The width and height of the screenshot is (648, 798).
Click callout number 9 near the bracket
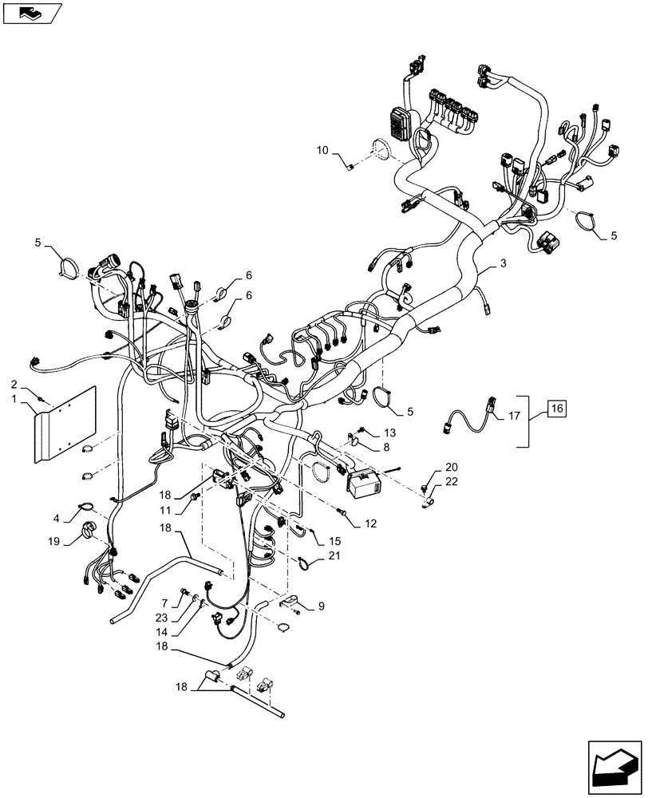click(x=321, y=606)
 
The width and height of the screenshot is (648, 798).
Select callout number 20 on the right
click(x=452, y=467)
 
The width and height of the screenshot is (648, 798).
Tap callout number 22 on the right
click(x=452, y=481)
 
